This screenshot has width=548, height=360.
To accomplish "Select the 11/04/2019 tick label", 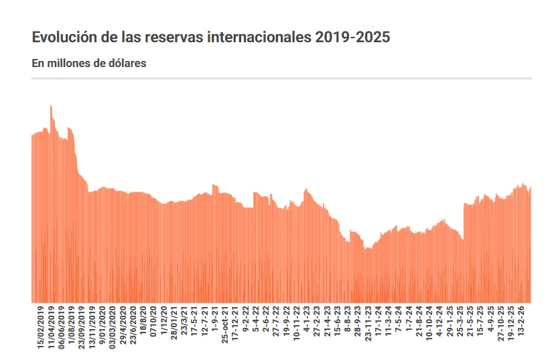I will pos(52,326).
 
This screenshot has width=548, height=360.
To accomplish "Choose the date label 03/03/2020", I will pos(113,326).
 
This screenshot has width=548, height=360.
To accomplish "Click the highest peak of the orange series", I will pos(50,106).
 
